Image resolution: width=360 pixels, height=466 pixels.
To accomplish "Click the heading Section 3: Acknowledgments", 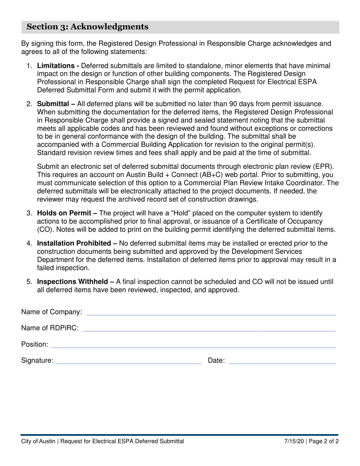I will coord(87,27).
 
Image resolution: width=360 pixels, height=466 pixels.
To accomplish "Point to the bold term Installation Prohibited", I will coord(74,243).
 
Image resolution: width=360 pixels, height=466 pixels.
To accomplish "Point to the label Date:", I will coord(216,361).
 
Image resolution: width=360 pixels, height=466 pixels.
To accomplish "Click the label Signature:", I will coord(37,361).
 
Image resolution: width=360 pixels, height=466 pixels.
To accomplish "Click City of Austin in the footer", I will coord(38,441).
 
